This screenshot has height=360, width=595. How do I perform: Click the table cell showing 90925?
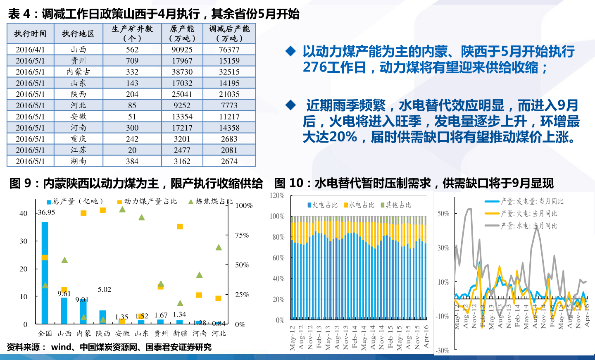pos(182,50)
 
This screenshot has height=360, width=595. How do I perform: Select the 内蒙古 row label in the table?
pos(79,72)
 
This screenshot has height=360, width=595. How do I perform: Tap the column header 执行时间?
pos(30,33)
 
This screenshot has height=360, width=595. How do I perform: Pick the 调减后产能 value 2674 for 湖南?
pos(229,161)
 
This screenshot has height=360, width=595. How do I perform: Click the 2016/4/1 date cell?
pos(30,50)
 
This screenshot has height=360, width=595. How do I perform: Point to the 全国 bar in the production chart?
pos(45,273)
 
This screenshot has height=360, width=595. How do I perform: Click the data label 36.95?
pos(46,212)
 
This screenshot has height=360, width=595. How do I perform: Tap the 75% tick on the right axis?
pos(242,235)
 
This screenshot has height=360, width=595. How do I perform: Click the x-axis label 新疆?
pos(180,333)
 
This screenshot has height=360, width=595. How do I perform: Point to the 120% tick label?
pos(277,195)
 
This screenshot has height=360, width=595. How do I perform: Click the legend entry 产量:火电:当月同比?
pos(528,214)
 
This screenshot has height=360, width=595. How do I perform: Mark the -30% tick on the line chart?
pos(442,350)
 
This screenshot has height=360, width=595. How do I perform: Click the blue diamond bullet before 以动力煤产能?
pos(291,51)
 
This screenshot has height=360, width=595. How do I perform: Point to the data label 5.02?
pos(104,289)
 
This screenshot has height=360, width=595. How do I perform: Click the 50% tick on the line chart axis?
pos(443,214)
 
